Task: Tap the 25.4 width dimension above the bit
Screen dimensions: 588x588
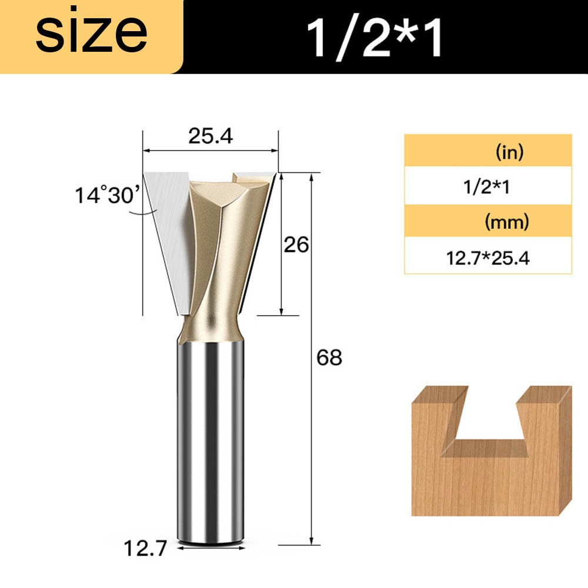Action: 211,136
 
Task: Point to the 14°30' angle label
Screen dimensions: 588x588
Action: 105,195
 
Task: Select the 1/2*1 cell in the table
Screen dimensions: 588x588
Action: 487,188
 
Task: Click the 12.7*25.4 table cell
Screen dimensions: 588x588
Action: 487,257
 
